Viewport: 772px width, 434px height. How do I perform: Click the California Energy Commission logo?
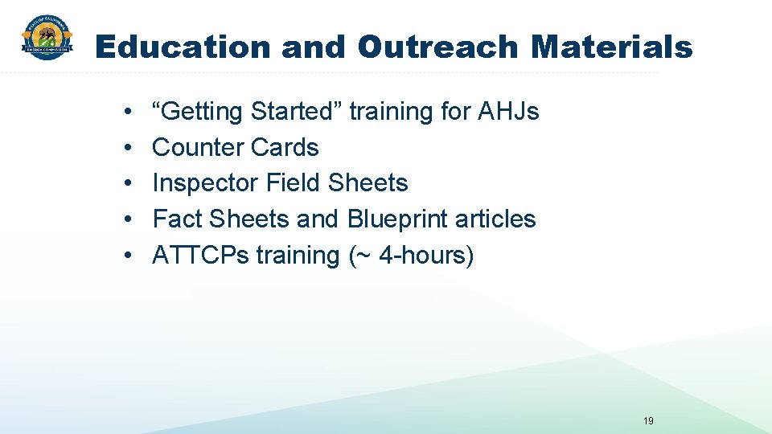[x=47, y=39]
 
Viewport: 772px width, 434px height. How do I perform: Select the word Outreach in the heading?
[x=438, y=47]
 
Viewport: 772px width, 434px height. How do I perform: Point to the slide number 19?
[x=649, y=420]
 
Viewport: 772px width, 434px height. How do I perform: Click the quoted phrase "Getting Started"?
[x=250, y=112]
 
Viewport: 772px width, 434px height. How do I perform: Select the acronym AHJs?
[x=508, y=112]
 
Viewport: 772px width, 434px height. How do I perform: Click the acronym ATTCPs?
[x=201, y=256]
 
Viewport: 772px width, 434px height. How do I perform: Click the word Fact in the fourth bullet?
[x=178, y=219]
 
